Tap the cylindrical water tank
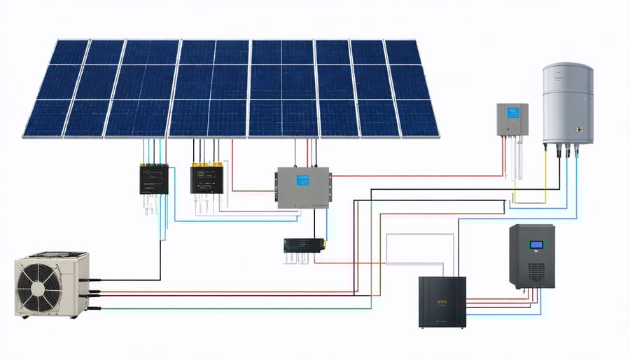568,105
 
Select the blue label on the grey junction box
302,180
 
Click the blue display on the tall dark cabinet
538,244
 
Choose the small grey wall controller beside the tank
512,120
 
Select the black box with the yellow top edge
206,179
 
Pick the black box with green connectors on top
154,179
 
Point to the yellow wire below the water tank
545,182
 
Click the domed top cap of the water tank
568,69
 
